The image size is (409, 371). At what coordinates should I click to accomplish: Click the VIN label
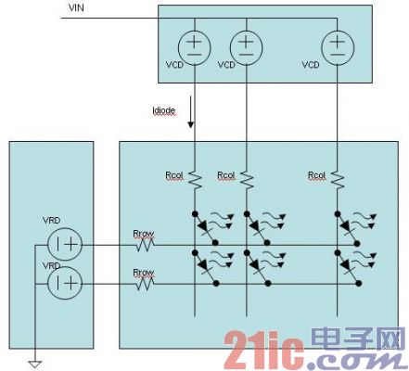click(x=76, y=7)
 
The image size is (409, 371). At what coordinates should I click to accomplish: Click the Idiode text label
click(x=164, y=110)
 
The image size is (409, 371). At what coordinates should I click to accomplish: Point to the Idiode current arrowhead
click(x=191, y=124)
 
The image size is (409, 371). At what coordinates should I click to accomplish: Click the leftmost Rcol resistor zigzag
click(x=195, y=180)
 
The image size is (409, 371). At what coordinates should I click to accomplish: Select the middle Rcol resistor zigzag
click(x=247, y=180)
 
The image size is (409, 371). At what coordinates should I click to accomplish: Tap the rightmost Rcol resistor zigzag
click(x=339, y=180)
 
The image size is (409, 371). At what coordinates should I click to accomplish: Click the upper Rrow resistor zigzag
click(x=145, y=246)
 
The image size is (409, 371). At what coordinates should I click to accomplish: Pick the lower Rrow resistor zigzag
click(x=145, y=284)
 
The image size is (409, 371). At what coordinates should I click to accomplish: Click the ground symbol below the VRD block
click(x=35, y=365)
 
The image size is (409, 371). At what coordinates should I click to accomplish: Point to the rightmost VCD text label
click(x=311, y=65)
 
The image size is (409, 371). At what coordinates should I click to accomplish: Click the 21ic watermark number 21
click(x=247, y=350)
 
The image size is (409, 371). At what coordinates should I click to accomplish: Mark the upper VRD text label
click(x=51, y=221)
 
